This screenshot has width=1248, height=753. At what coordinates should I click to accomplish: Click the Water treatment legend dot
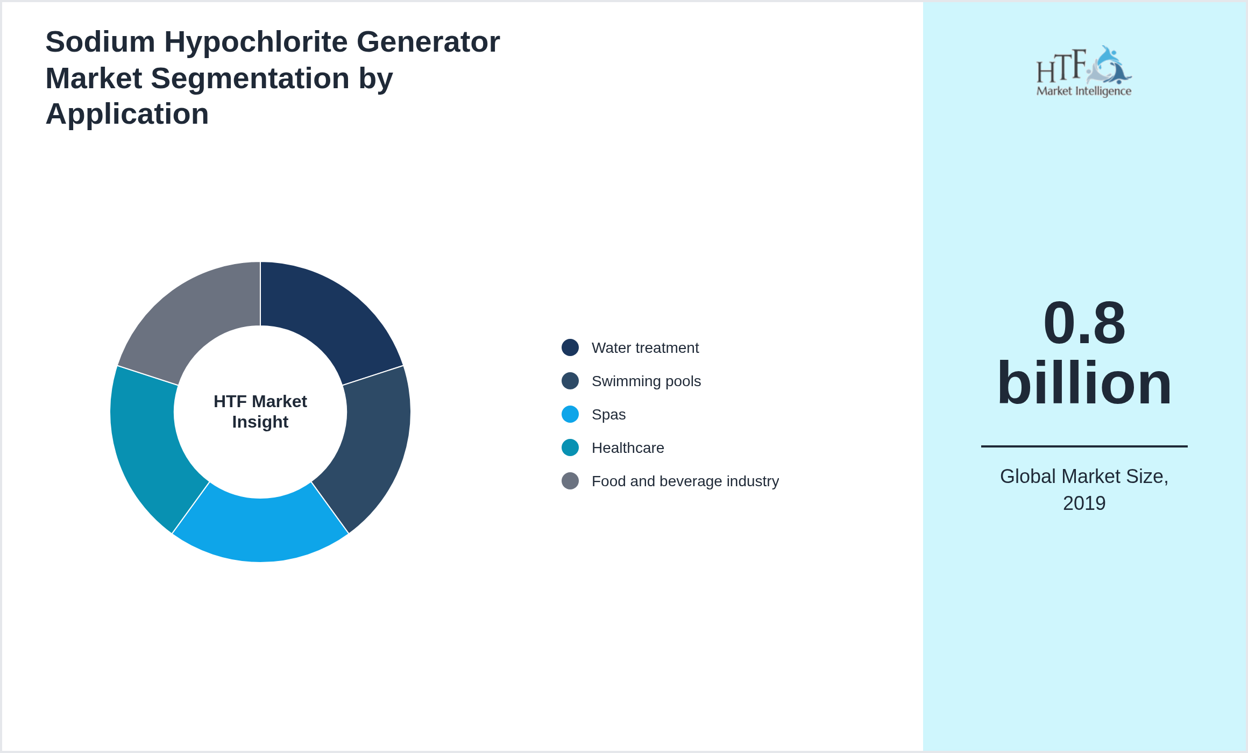click(570, 347)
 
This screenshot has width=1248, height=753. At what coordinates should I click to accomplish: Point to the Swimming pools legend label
click(646, 381)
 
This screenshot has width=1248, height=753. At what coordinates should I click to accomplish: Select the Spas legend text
click(608, 415)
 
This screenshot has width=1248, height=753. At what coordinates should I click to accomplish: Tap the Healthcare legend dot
click(570, 447)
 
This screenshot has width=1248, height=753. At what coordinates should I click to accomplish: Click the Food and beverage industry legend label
click(685, 481)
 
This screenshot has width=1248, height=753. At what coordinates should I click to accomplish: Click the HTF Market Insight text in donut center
click(260, 411)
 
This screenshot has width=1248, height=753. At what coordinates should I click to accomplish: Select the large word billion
click(1084, 383)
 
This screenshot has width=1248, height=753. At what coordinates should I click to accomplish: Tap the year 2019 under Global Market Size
click(1084, 503)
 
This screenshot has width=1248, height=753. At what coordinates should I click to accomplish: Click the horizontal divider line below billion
click(1084, 446)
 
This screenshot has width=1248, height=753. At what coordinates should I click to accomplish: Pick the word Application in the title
click(127, 114)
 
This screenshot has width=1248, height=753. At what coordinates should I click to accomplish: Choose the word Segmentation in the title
click(250, 78)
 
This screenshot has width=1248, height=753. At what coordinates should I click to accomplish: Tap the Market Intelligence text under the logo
click(1084, 91)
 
